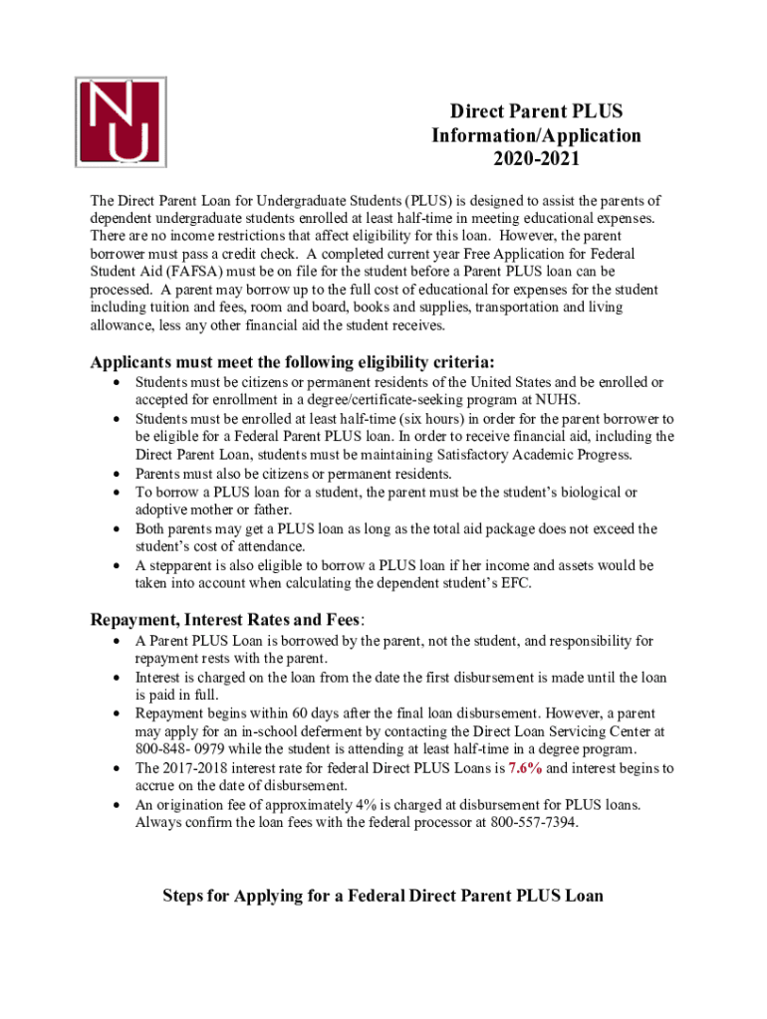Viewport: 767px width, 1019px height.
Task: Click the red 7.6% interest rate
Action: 525,768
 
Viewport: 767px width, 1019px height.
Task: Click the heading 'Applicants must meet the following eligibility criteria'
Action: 292,361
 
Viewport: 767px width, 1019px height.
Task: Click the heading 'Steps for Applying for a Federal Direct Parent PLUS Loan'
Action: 383,896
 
